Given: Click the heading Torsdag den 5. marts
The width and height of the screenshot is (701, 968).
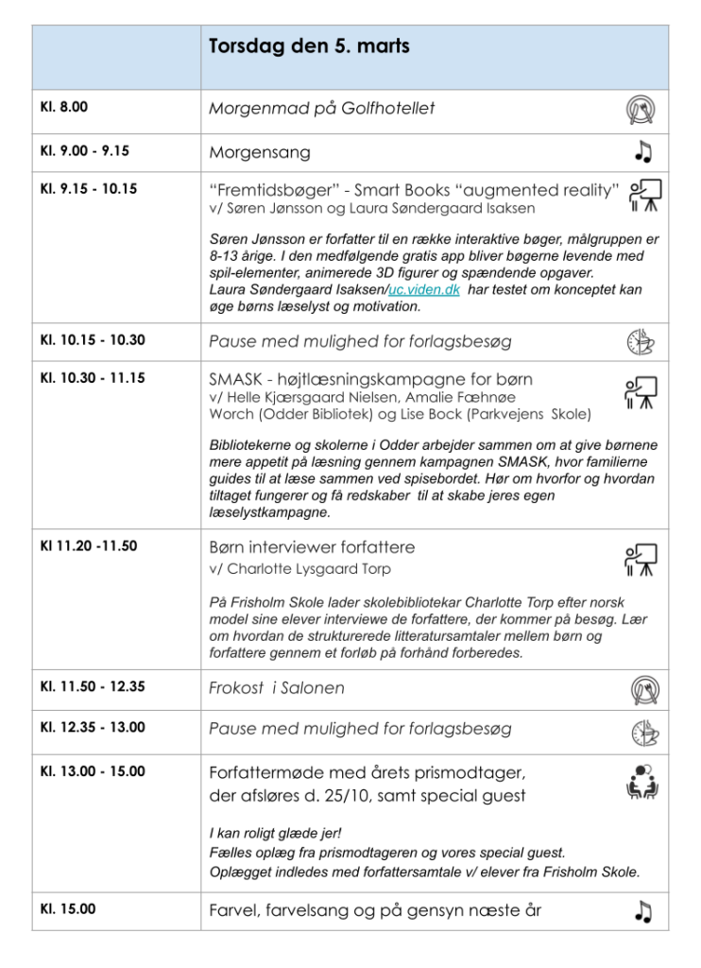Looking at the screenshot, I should pos(309,46).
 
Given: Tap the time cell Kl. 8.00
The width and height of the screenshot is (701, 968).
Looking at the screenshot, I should pos(63,108).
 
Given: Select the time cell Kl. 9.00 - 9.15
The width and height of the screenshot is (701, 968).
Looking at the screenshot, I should pos(84,150).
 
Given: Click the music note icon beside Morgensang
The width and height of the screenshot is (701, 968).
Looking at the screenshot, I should pos(643,151).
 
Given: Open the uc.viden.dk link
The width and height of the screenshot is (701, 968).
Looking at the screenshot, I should pos(424,290).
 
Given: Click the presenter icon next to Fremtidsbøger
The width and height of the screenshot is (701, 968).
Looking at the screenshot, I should pos(644,194).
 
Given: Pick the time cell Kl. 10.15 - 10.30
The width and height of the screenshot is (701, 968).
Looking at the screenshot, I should pos(92,340).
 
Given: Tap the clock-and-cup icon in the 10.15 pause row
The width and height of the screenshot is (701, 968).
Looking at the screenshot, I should pos(643,342).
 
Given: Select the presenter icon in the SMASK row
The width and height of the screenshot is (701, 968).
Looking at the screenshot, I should pos(641,394).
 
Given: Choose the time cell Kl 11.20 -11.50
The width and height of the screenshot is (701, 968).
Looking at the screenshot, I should pos(88,546).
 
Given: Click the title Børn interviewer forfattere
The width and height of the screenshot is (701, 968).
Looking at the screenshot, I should pos(312,547).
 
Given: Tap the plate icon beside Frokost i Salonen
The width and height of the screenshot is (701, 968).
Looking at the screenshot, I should pos(644,689).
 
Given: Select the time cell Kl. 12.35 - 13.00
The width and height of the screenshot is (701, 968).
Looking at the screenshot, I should pos(92,728).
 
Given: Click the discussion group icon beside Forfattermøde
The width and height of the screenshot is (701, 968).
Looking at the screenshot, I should pos(642,781).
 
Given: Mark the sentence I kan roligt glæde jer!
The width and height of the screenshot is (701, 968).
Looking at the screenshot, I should pos(275,833).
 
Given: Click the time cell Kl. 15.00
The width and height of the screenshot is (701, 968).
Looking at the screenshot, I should pos(67,909).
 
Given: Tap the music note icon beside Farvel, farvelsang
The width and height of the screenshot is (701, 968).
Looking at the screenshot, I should pos(643,911).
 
